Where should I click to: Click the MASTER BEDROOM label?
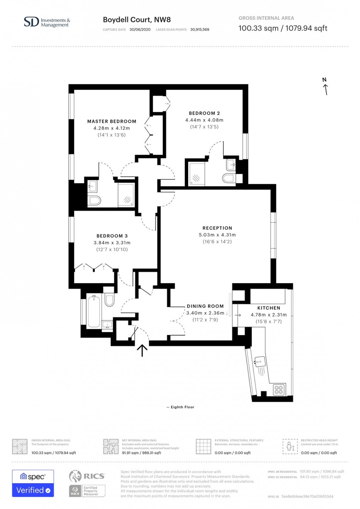(112, 121)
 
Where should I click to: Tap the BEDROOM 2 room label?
(204, 113)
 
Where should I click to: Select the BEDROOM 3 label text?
(112, 236)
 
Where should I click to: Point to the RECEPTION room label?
(217, 228)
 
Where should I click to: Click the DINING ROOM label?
(205, 306)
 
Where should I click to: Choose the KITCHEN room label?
(269, 308)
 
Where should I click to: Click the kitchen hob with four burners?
(278, 390)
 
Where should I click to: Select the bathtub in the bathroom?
(94, 312)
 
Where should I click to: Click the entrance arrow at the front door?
(142, 351)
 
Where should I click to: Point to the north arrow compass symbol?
(325, 87)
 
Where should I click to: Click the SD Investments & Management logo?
(47, 22)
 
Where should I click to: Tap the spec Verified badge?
(33, 483)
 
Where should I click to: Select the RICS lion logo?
(75, 476)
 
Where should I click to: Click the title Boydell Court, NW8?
(137, 20)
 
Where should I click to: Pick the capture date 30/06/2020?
(140, 30)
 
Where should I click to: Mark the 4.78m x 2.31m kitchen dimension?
(269, 315)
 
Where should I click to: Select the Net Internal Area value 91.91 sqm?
(141, 453)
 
